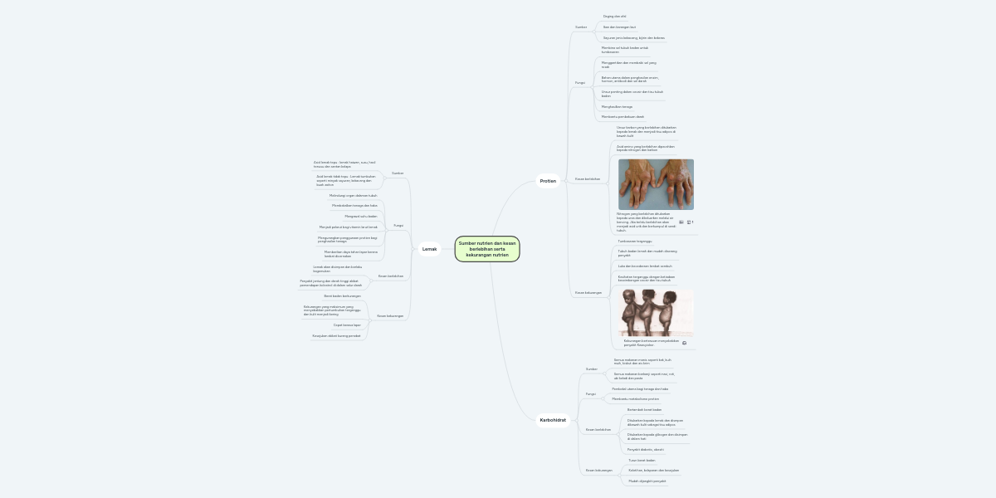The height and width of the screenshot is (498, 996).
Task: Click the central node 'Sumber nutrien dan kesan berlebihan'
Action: pyautogui.click(x=487, y=249)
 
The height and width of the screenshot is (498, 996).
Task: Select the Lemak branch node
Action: pyautogui.click(x=429, y=249)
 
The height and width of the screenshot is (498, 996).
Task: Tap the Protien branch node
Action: pyautogui.click(x=548, y=181)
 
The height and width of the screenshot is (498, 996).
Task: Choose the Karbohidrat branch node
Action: pyautogui.click(x=553, y=420)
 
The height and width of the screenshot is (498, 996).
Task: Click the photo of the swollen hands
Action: pyautogui.click(x=656, y=184)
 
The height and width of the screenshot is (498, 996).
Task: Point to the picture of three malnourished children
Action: pyautogui.click(x=656, y=313)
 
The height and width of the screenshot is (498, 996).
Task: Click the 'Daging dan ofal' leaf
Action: pyautogui.click(x=615, y=17)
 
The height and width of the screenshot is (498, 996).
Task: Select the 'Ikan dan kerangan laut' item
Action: pyautogui.click(x=619, y=27)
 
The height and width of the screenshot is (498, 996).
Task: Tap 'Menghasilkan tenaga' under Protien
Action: pyautogui.click(x=617, y=107)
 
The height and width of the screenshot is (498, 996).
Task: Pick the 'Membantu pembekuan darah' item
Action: pyautogui.click(x=622, y=117)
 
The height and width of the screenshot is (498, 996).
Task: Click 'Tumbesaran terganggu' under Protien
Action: pyautogui.click(x=634, y=241)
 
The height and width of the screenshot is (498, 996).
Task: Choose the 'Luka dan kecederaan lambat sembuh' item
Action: pyautogui.click(x=645, y=266)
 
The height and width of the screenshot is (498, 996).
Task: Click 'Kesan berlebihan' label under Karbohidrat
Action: pyautogui.click(x=598, y=430)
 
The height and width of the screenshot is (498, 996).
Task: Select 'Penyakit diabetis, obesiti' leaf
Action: pyautogui.click(x=645, y=449)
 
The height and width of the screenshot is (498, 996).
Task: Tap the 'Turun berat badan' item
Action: pyautogui.click(x=642, y=460)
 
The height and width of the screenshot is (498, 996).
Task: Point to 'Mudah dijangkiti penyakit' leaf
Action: pyautogui.click(x=647, y=481)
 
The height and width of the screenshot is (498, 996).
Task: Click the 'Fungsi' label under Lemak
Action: pyautogui.click(x=398, y=225)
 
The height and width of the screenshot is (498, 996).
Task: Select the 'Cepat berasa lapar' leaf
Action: pyautogui.click(x=347, y=325)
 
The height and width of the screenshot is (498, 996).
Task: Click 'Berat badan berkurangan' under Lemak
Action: pyautogui.click(x=342, y=296)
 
